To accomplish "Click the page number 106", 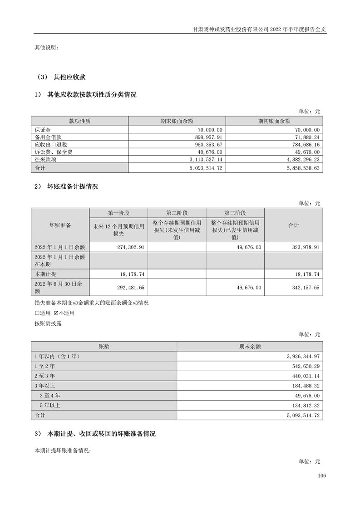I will [322, 475].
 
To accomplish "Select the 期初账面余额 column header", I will [274, 121].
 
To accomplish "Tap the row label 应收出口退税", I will [50, 144].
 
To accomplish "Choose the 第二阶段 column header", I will [177, 213].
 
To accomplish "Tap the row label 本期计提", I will [46, 274].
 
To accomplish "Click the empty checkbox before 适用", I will [37, 313].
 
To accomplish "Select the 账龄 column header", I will [104, 346].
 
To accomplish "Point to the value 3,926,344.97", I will [301, 356].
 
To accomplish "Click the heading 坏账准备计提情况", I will [73, 186].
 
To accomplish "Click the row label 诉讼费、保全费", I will [54, 152].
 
